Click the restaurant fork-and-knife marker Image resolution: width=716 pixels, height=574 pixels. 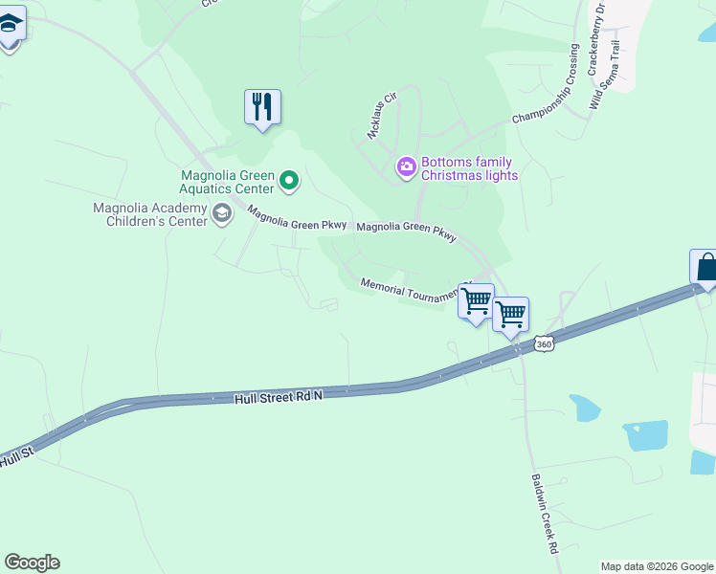coord(262,107)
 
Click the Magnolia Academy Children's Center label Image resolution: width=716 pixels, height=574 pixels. coord(150,214)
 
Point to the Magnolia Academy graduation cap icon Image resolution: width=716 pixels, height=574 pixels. coord(223,213)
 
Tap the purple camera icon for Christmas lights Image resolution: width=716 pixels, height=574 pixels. coord(407,168)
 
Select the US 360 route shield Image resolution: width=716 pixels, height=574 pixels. coord(544,344)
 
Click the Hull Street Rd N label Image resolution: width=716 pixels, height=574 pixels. coord(279,395)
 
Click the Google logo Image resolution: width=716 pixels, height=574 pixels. coord(32,563)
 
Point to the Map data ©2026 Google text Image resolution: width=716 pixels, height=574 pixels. coord(657,566)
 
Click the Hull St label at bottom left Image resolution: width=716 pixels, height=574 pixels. coord(16,459)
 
